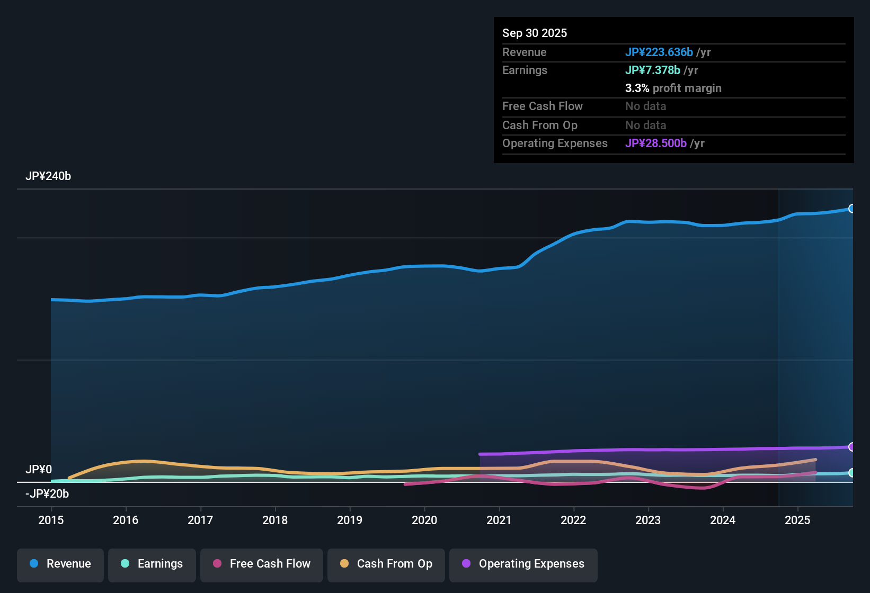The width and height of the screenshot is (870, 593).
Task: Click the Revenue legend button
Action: point(60,564)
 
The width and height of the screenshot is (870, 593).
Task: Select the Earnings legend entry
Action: point(152,564)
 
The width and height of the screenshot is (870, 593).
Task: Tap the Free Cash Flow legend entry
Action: point(262,564)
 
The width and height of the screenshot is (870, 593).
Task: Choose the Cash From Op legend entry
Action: point(386,564)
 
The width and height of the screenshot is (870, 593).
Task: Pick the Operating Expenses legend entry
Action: point(523,564)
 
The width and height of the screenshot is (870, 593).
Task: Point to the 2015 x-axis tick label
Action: point(51,520)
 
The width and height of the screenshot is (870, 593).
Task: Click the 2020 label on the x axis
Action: point(424,520)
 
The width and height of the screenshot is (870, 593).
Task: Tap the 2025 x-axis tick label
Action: point(797,520)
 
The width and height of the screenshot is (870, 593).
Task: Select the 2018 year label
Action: point(275,520)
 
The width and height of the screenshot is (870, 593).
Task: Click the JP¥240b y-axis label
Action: point(48,176)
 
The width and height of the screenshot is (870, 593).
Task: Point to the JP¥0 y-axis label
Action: point(39,470)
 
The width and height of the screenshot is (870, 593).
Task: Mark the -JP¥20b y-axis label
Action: point(47,494)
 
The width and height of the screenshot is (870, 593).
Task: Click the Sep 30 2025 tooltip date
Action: point(535,33)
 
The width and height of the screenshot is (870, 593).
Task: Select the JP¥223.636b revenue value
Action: point(659,52)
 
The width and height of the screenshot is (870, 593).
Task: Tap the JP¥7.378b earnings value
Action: point(652,70)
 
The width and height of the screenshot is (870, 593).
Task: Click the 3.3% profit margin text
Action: point(673,88)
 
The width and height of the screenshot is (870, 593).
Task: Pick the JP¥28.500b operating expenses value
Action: point(655,143)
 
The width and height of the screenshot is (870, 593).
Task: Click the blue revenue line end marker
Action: point(851,209)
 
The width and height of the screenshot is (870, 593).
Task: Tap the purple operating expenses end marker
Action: point(851,447)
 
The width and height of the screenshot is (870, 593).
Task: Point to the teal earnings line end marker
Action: point(851,473)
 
